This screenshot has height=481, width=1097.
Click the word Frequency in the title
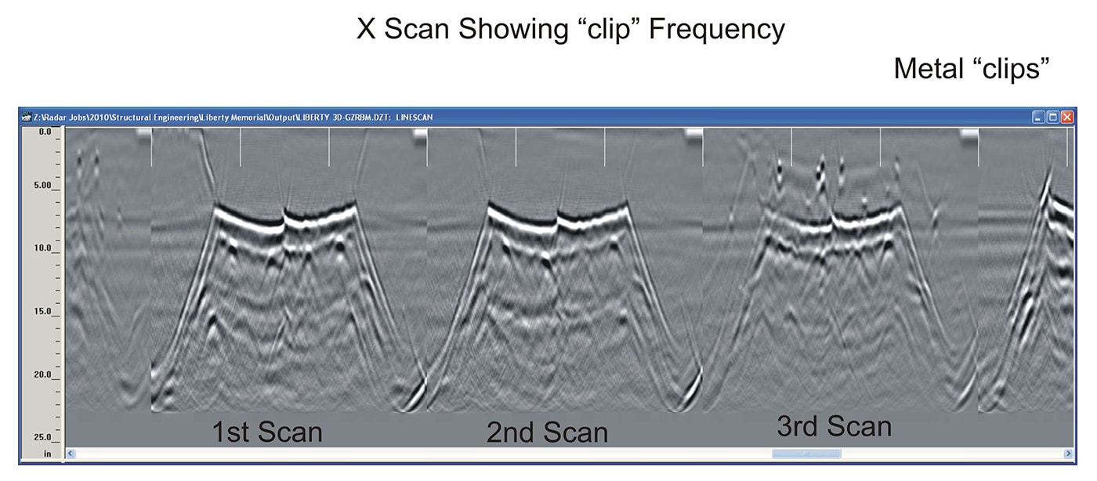716,30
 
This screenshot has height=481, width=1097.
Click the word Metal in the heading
929,68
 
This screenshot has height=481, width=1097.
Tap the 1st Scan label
267,432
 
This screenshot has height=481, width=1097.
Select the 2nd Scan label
547,432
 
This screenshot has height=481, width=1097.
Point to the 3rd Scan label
834,426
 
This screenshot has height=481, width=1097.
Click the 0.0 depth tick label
45,132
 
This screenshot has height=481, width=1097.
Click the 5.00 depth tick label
42,185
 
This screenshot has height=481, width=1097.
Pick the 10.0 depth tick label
42,248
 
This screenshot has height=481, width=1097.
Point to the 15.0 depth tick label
42,311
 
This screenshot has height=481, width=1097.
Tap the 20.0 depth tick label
42,374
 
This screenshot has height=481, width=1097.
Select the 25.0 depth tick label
42,437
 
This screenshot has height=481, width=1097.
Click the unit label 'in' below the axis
48,454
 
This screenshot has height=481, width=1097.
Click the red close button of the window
1067,117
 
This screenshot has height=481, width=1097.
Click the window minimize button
1037,117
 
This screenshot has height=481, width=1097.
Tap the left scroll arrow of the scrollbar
71,454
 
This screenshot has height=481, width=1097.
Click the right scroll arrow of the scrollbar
1069,454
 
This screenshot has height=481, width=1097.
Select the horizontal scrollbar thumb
806,454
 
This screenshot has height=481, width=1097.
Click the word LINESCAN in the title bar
415,118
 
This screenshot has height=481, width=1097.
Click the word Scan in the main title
417,30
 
